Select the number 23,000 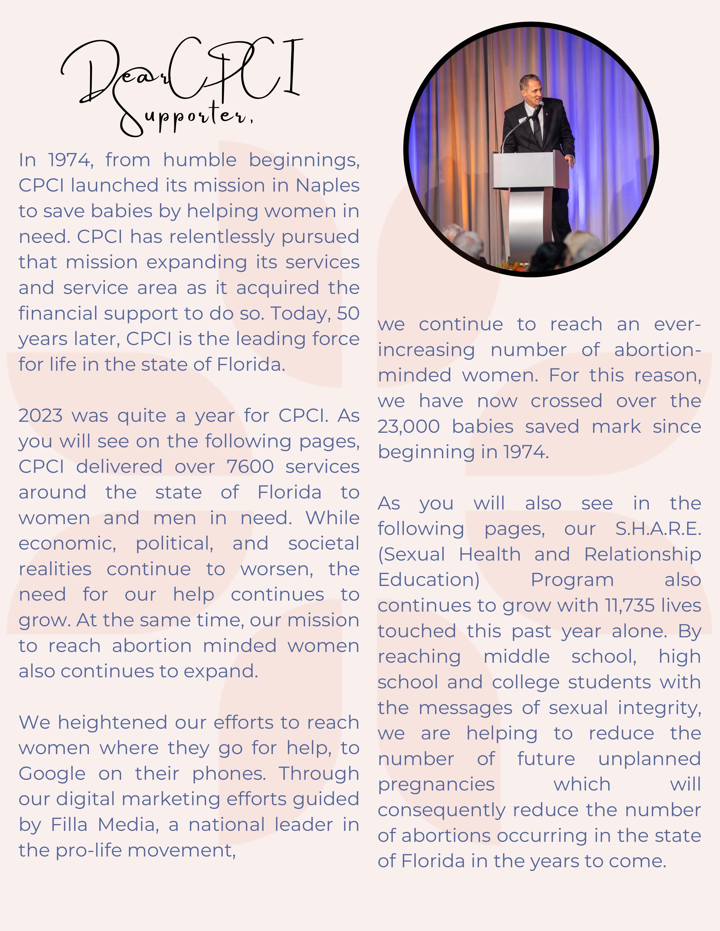coord(408,427)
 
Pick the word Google coord(52,774)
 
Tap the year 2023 coord(41,416)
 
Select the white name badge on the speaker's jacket coord(521,121)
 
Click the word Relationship coord(642,555)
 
